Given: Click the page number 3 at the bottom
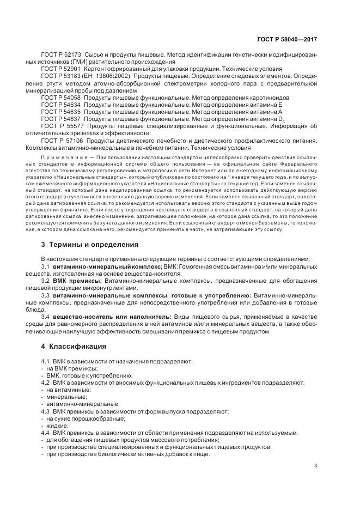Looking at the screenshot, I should coord(316,466).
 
